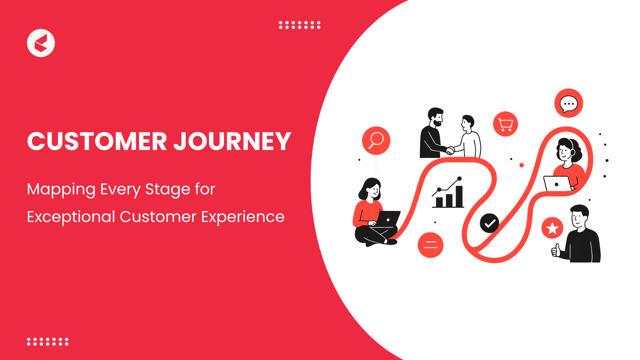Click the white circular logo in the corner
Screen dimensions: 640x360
pyautogui.click(x=41, y=43)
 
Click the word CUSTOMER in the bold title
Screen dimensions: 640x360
pyautogui.click(x=97, y=141)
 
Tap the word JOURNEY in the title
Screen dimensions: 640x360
pyautogui.click(x=233, y=141)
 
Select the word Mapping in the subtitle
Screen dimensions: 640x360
pyautogui.click(x=61, y=190)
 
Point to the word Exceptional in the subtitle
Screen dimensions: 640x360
pyautogui.click(x=71, y=217)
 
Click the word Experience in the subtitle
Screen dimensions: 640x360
pyautogui.click(x=243, y=217)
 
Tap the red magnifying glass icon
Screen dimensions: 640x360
pyautogui.click(x=376, y=141)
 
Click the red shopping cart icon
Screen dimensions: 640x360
pyautogui.click(x=505, y=124)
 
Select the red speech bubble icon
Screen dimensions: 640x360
pyautogui.click(x=569, y=103)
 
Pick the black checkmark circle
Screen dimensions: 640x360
pyautogui.click(x=489, y=223)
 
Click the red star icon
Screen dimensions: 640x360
pyautogui.click(x=552, y=228)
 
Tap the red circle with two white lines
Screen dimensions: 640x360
pyautogui.click(x=430, y=245)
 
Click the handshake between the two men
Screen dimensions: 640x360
pyautogui.click(x=450, y=150)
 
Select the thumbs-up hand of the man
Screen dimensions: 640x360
pyautogui.click(x=556, y=250)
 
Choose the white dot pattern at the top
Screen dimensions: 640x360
pyautogui.click(x=300, y=25)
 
